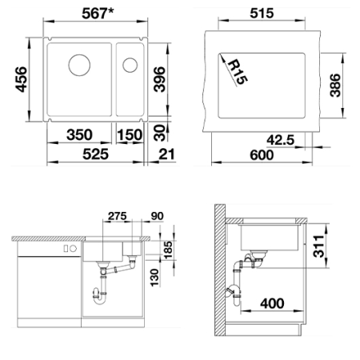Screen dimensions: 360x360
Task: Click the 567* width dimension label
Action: [x=98, y=13]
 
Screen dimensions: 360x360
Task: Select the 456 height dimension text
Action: [x=21, y=79]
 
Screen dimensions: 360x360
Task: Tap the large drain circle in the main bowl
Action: [x=79, y=65]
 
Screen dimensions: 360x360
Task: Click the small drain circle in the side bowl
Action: [x=130, y=65]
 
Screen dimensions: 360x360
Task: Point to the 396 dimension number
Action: [x=159, y=79]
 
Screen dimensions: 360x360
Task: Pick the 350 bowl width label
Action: [x=79, y=134]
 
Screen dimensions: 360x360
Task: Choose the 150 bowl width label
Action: [x=130, y=134]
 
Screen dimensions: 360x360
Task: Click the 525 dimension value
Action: [x=95, y=154]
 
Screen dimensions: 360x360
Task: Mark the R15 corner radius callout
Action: [x=238, y=72]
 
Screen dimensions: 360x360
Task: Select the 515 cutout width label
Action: [x=262, y=13]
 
